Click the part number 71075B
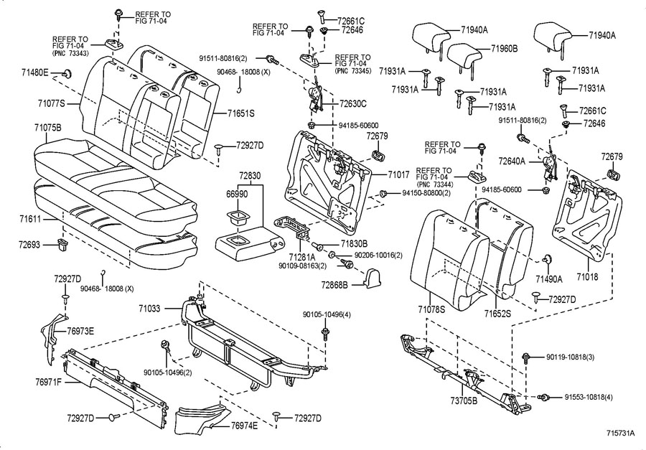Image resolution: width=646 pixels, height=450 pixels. tap(48, 127)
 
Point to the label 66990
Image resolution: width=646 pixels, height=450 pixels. tap(238, 194)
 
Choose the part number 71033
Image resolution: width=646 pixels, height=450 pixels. tap(154, 307)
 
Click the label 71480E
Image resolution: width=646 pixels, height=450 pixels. tap(35, 72)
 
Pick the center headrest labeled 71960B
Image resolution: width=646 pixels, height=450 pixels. tap(465, 55)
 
